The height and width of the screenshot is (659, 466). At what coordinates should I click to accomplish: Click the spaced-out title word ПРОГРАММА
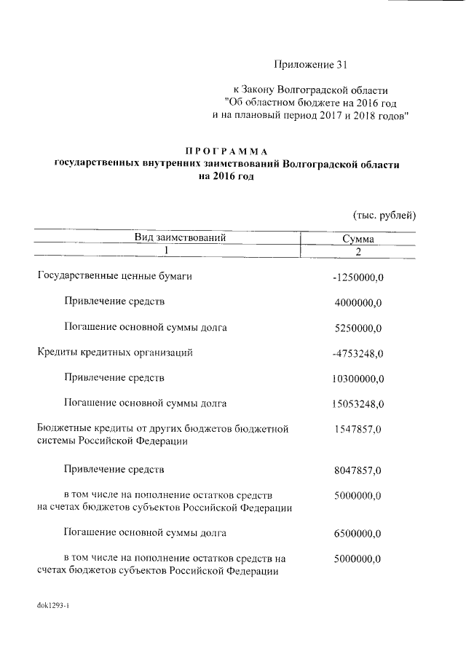228,151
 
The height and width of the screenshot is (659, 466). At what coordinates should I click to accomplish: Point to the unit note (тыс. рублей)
384,215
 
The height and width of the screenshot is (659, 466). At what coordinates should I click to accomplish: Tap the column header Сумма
358,238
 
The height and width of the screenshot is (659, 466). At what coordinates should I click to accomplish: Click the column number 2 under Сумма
358,251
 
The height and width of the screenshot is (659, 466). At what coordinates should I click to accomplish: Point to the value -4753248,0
357,354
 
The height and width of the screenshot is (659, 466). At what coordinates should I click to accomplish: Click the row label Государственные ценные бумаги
114,277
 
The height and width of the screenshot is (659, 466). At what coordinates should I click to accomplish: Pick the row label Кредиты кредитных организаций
114,353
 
